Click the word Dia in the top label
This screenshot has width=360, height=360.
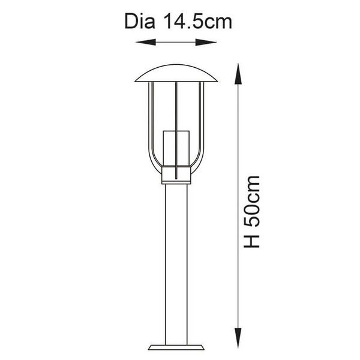(140, 22)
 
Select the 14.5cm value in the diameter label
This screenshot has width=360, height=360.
(198, 22)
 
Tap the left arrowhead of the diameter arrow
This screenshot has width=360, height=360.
(146, 42)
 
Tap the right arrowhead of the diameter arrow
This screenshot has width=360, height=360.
(206, 42)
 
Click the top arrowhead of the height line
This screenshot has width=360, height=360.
(238, 74)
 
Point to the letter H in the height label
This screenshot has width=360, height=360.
(251, 241)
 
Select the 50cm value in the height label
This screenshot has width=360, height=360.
(251, 202)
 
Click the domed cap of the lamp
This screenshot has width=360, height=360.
(176, 73)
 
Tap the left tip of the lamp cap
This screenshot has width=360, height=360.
(135, 81)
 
